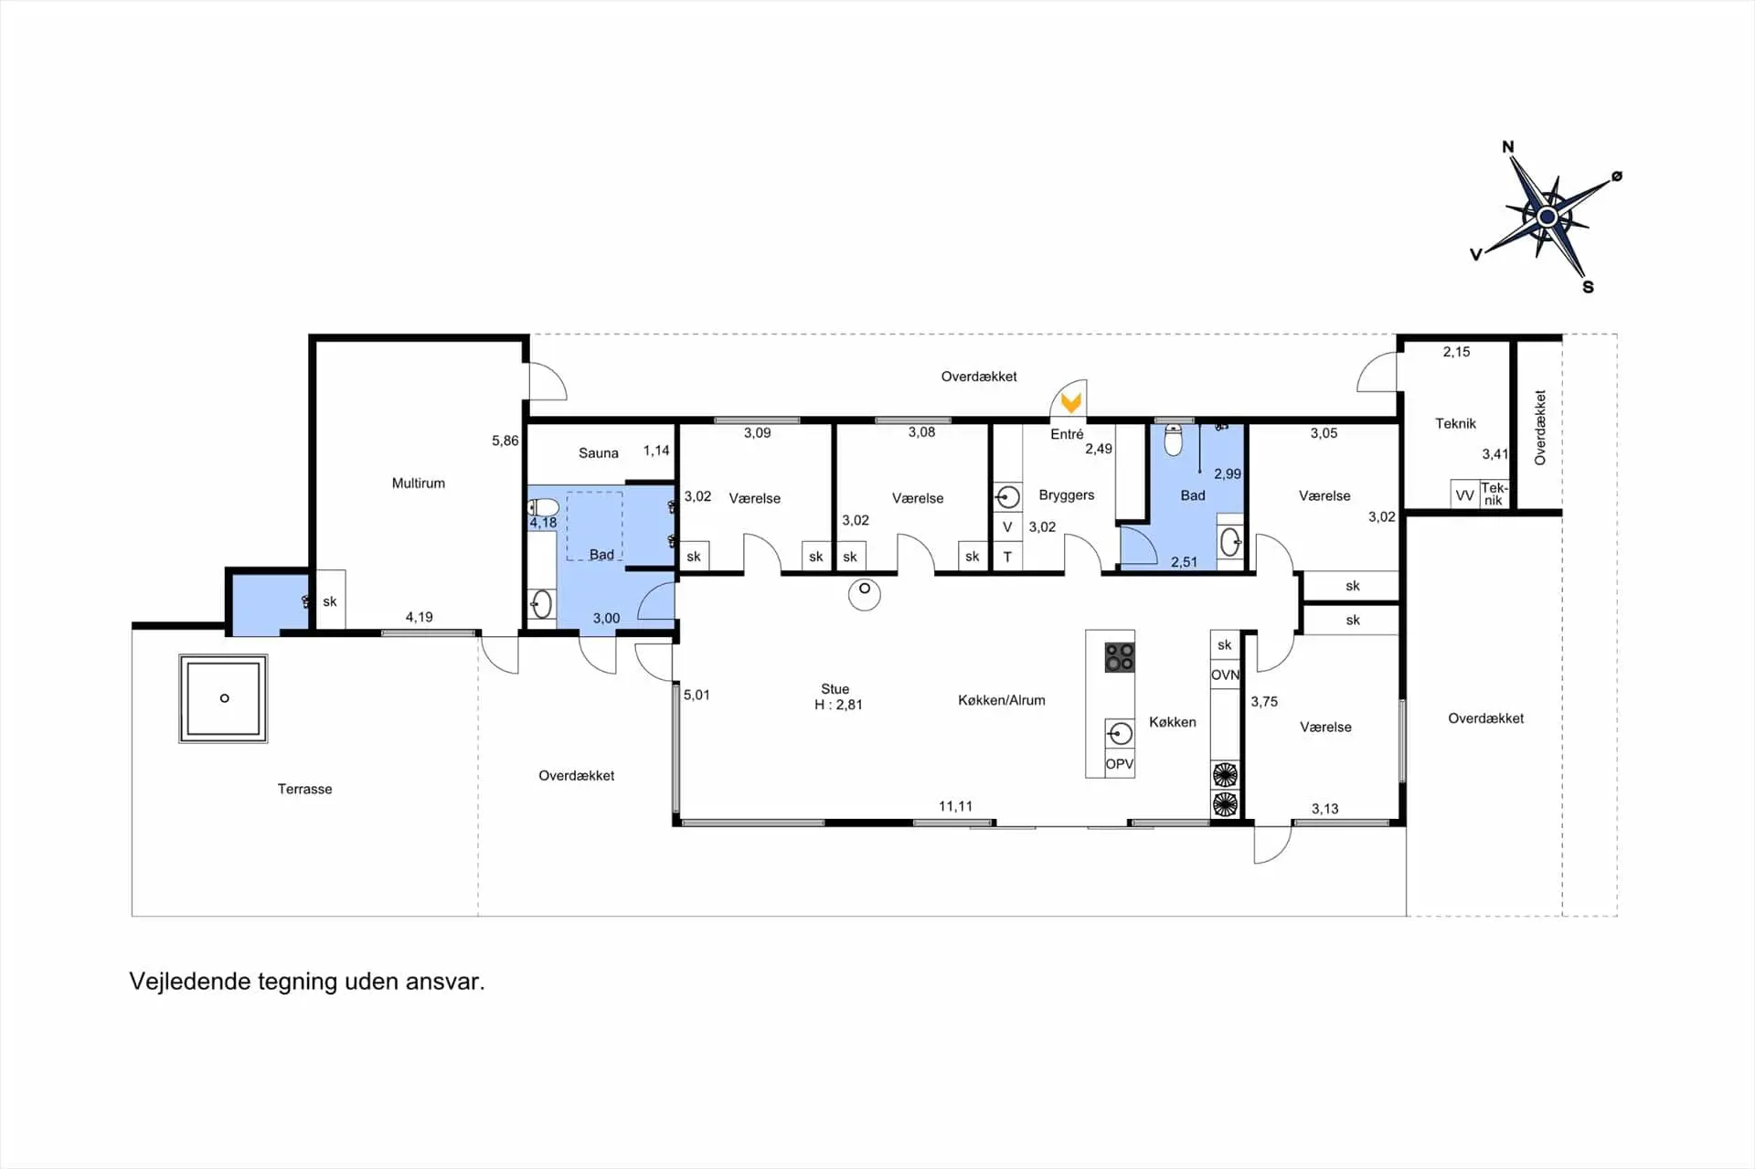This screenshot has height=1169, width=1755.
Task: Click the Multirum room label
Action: pyautogui.click(x=419, y=483)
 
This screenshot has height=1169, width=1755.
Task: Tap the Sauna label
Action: pyautogui.click(x=599, y=452)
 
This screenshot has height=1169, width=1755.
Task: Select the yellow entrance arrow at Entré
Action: pyautogui.click(x=1071, y=401)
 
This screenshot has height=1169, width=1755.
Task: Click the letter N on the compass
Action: pyautogui.click(x=1508, y=146)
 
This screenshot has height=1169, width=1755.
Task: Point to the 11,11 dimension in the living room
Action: pyautogui.click(x=955, y=806)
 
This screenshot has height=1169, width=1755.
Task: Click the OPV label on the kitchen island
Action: pyautogui.click(x=1120, y=764)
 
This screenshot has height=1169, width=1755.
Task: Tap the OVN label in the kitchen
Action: pyautogui.click(x=1225, y=675)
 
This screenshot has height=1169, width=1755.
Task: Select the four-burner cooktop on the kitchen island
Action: pyautogui.click(x=1120, y=657)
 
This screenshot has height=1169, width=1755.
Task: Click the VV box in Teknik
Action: pyautogui.click(x=1464, y=494)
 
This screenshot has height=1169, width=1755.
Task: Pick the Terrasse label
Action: pyautogui.click(x=305, y=789)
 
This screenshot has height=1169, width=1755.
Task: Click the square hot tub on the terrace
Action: pyautogui.click(x=223, y=698)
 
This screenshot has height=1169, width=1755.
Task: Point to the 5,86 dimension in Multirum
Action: pyautogui.click(x=505, y=441)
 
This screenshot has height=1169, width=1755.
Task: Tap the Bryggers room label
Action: pyautogui.click(x=1067, y=494)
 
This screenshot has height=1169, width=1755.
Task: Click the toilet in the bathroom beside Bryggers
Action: pyautogui.click(x=1174, y=440)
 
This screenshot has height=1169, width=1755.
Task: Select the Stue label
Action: pyautogui.click(x=835, y=688)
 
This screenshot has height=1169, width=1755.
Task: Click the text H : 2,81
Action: pyautogui.click(x=838, y=705)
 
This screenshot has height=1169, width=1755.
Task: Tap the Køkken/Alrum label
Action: pyautogui.click(x=1002, y=700)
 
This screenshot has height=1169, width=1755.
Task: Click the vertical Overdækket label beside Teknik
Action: pyautogui.click(x=1540, y=428)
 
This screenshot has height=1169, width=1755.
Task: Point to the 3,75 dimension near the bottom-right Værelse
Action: pyautogui.click(x=1264, y=702)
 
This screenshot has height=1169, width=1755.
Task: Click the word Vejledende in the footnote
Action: pyautogui.click(x=190, y=982)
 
